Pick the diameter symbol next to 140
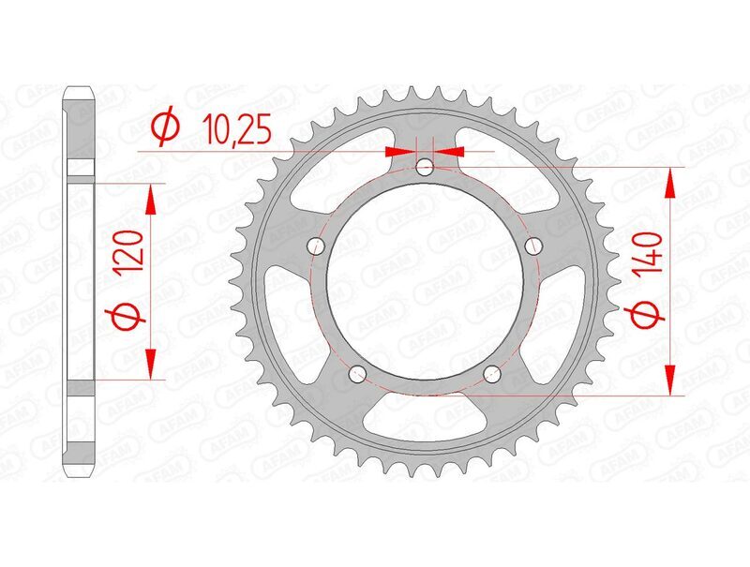coord(650,319)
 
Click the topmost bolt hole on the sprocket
coord(426,168)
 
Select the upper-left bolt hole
coord(317,246)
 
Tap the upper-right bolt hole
coord(534,246)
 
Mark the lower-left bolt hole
coord(358,375)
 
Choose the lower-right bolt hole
coord(493,375)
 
